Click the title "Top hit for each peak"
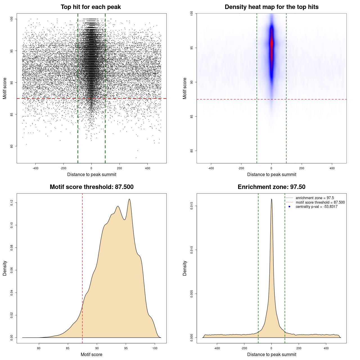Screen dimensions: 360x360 tap(91, 7)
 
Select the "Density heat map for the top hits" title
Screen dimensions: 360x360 tap(271, 7)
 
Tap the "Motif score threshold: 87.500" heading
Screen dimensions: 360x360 tap(91, 187)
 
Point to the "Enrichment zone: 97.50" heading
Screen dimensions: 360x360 tap(271, 187)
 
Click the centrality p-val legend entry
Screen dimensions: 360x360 tap(316, 207)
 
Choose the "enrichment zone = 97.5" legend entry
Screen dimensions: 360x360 tap(315, 198)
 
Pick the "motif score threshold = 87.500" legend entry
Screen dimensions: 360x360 tap(320, 202)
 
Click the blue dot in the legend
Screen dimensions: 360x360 tap(289, 207)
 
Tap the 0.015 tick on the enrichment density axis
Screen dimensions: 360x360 tap(192, 206)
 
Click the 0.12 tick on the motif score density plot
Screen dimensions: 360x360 tap(12, 202)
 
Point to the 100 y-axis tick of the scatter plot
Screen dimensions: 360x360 tap(12, 19)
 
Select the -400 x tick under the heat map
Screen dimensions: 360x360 tap(211, 168)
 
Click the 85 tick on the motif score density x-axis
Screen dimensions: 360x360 tap(68, 348)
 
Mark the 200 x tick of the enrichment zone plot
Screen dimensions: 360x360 tap(299, 348)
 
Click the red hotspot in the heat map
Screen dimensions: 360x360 tap(272, 45)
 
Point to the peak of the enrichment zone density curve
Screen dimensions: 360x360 tap(271, 199)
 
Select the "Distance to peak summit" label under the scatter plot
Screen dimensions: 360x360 tap(92, 175)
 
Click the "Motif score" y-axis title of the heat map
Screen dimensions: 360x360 tap(185, 88)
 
